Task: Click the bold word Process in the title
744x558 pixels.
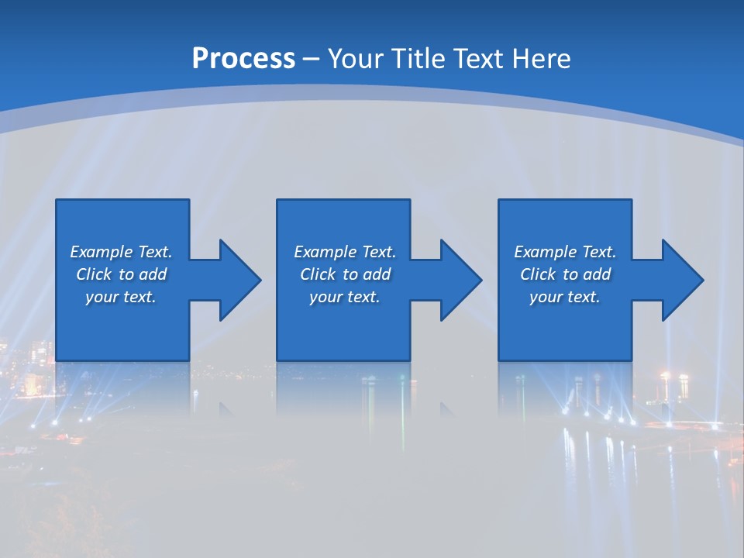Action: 243,59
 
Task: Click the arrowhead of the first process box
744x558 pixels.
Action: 236,280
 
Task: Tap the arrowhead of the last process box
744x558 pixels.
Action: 679,280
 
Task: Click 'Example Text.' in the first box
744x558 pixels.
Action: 121,252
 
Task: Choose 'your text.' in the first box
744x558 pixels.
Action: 121,297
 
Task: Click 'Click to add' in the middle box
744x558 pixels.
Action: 345,274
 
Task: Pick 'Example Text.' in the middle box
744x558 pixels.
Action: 345,252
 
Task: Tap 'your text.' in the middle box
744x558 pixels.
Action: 345,297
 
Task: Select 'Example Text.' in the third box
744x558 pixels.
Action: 565,252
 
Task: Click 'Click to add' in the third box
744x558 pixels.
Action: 565,274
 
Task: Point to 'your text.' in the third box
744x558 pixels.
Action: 565,297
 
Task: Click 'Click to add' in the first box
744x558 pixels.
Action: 121,274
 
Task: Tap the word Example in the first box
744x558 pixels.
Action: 102,252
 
